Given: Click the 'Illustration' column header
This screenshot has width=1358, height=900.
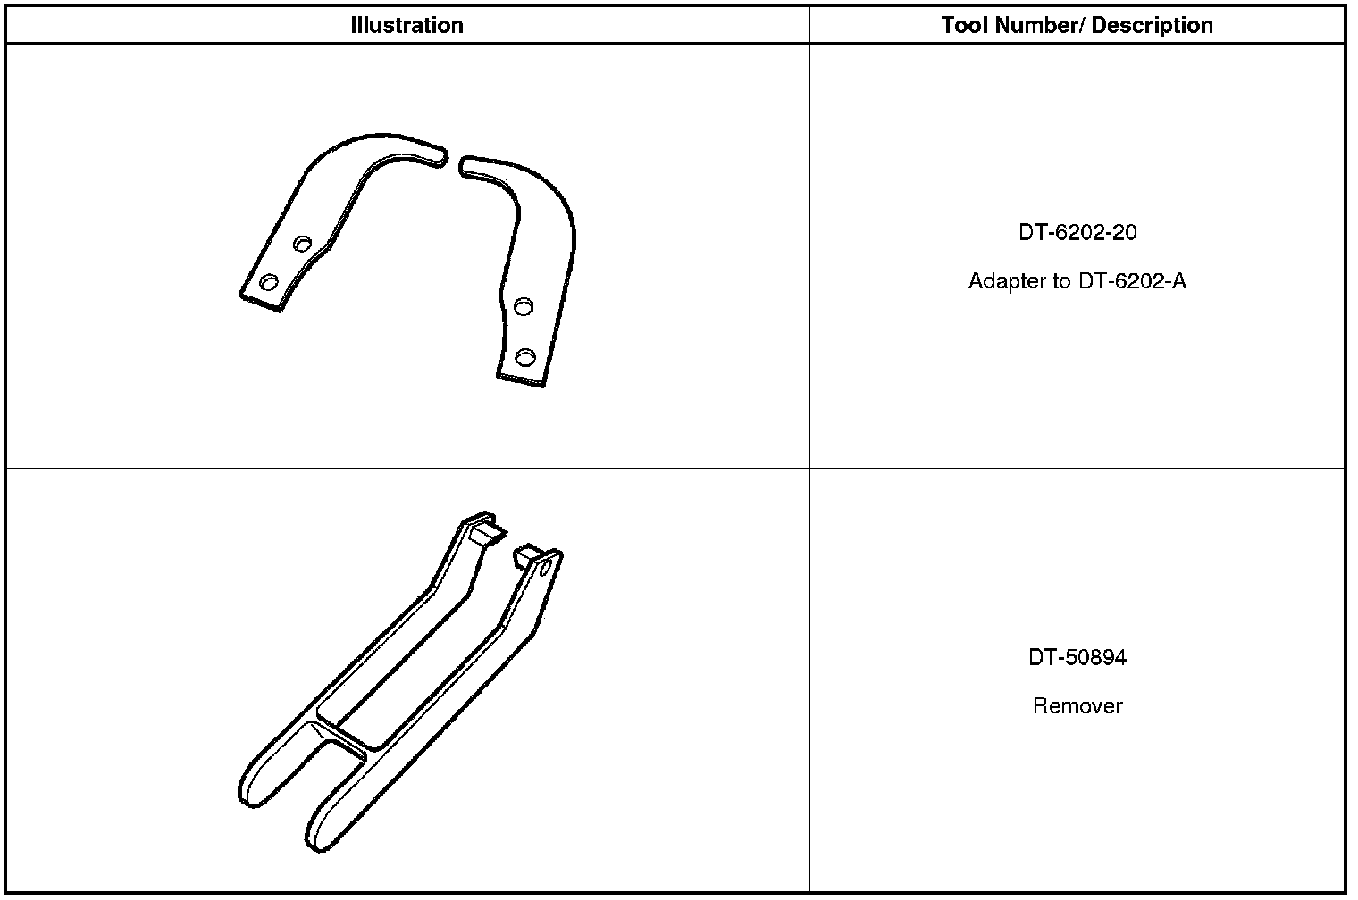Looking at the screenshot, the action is click(407, 26).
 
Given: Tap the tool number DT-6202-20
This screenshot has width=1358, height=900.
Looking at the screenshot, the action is click(1077, 232).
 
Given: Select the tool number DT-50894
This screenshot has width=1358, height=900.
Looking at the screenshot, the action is click(1077, 657).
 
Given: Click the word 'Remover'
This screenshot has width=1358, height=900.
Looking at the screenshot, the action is click(1077, 706).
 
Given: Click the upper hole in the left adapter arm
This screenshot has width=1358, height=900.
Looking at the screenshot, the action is click(302, 244).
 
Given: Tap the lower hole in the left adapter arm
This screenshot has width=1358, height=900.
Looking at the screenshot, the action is click(269, 282).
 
